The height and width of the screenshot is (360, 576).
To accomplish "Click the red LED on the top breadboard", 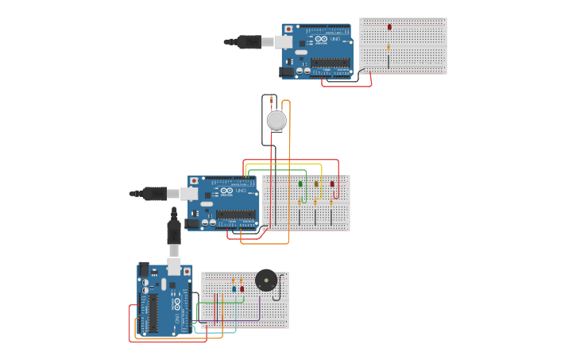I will point(389,27).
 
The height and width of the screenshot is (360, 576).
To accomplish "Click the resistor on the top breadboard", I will point(389,48).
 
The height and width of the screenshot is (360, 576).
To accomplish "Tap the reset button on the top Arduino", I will point(288,29).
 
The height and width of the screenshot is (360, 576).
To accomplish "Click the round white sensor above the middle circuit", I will point(276,120).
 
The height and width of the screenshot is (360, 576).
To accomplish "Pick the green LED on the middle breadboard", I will point(300,184).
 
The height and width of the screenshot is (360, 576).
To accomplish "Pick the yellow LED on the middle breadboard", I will point(316,184).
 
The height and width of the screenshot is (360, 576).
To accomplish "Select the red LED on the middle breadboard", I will point(332,184).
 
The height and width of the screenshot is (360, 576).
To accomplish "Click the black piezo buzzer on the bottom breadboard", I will point(266,281).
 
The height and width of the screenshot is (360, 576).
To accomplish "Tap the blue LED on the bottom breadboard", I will point(234,288).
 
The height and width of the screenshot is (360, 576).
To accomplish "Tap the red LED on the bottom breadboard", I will point(242,288).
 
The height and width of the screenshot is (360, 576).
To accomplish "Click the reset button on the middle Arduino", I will point(194,182).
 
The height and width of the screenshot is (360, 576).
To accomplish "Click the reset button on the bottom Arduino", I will point(187,271).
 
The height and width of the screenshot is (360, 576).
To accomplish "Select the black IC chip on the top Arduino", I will point(330,63).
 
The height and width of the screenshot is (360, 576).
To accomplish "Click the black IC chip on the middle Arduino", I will point(236,215).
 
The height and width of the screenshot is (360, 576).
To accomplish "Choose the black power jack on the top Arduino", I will point(286,72).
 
